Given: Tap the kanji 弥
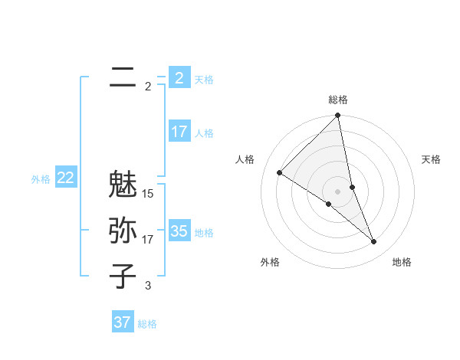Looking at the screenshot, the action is pyautogui.click(x=123, y=231).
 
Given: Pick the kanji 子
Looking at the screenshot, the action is pyautogui.click(x=123, y=276).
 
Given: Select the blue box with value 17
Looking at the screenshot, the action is pyautogui.click(x=179, y=132).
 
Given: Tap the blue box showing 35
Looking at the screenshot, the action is pyautogui.click(x=179, y=231).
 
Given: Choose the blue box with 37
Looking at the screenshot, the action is pyautogui.click(x=122, y=322).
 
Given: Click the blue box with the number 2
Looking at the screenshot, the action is pyautogui.click(x=179, y=77).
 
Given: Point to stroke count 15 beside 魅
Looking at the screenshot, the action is pyautogui.click(x=148, y=194).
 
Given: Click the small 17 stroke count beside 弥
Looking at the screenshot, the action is pyautogui.click(x=148, y=240).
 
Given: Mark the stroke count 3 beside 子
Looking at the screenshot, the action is pyautogui.click(x=148, y=286).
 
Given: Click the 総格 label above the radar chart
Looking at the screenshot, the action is pyautogui.click(x=337, y=100).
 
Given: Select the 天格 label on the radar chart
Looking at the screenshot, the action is pyautogui.click(x=431, y=159).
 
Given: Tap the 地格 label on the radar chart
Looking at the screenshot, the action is pyautogui.click(x=402, y=262).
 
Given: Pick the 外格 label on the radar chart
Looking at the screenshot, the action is pyautogui.click(x=270, y=262).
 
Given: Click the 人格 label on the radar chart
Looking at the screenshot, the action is pyautogui.click(x=245, y=159).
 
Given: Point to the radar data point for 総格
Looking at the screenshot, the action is pyautogui.click(x=337, y=116).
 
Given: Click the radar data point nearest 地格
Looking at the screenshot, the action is pyautogui.click(x=374, y=242).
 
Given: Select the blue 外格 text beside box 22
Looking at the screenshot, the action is pyautogui.click(x=41, y=179).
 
